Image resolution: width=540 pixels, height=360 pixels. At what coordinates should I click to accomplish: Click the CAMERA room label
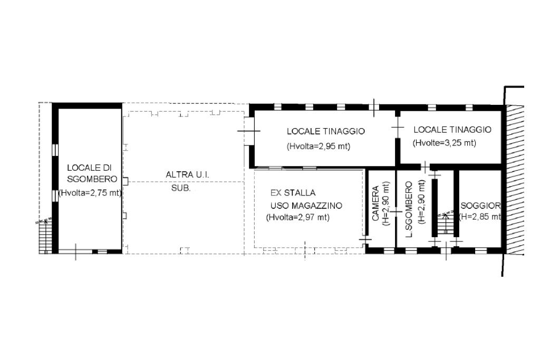tap(375, 203)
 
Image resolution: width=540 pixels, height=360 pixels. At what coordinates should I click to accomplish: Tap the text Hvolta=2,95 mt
tap(319, 147)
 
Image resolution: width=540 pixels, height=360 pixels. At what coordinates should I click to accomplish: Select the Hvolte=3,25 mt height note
tap(444, 143)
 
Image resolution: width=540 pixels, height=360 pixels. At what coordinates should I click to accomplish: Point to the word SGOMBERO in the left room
tap(92, 179)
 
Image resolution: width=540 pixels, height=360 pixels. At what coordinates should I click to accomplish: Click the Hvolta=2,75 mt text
tap(90, 193)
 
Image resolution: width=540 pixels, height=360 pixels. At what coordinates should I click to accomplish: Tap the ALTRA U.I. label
tap(187, 175)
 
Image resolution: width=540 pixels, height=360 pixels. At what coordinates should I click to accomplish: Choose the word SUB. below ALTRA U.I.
tap(181, 188)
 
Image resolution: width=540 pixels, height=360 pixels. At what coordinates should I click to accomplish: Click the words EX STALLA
tap(293, 193)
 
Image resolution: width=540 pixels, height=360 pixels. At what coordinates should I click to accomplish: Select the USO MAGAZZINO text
tap(306, 206)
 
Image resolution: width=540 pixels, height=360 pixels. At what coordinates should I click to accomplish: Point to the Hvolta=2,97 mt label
tap(297, 218)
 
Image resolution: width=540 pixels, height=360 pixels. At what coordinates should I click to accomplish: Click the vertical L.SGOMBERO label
tap(409, 209)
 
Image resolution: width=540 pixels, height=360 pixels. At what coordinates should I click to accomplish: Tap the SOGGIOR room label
tap(481, 206)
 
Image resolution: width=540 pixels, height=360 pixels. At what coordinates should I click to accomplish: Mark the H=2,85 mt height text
tap(480, 217)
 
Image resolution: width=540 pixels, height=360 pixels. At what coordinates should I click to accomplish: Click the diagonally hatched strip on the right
tap(515, 180)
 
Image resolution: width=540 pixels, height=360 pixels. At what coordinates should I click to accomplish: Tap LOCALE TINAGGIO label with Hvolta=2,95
tap(326, 131)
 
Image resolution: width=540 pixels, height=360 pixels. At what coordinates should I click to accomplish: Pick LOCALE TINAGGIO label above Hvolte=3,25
tap(452, 130)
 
